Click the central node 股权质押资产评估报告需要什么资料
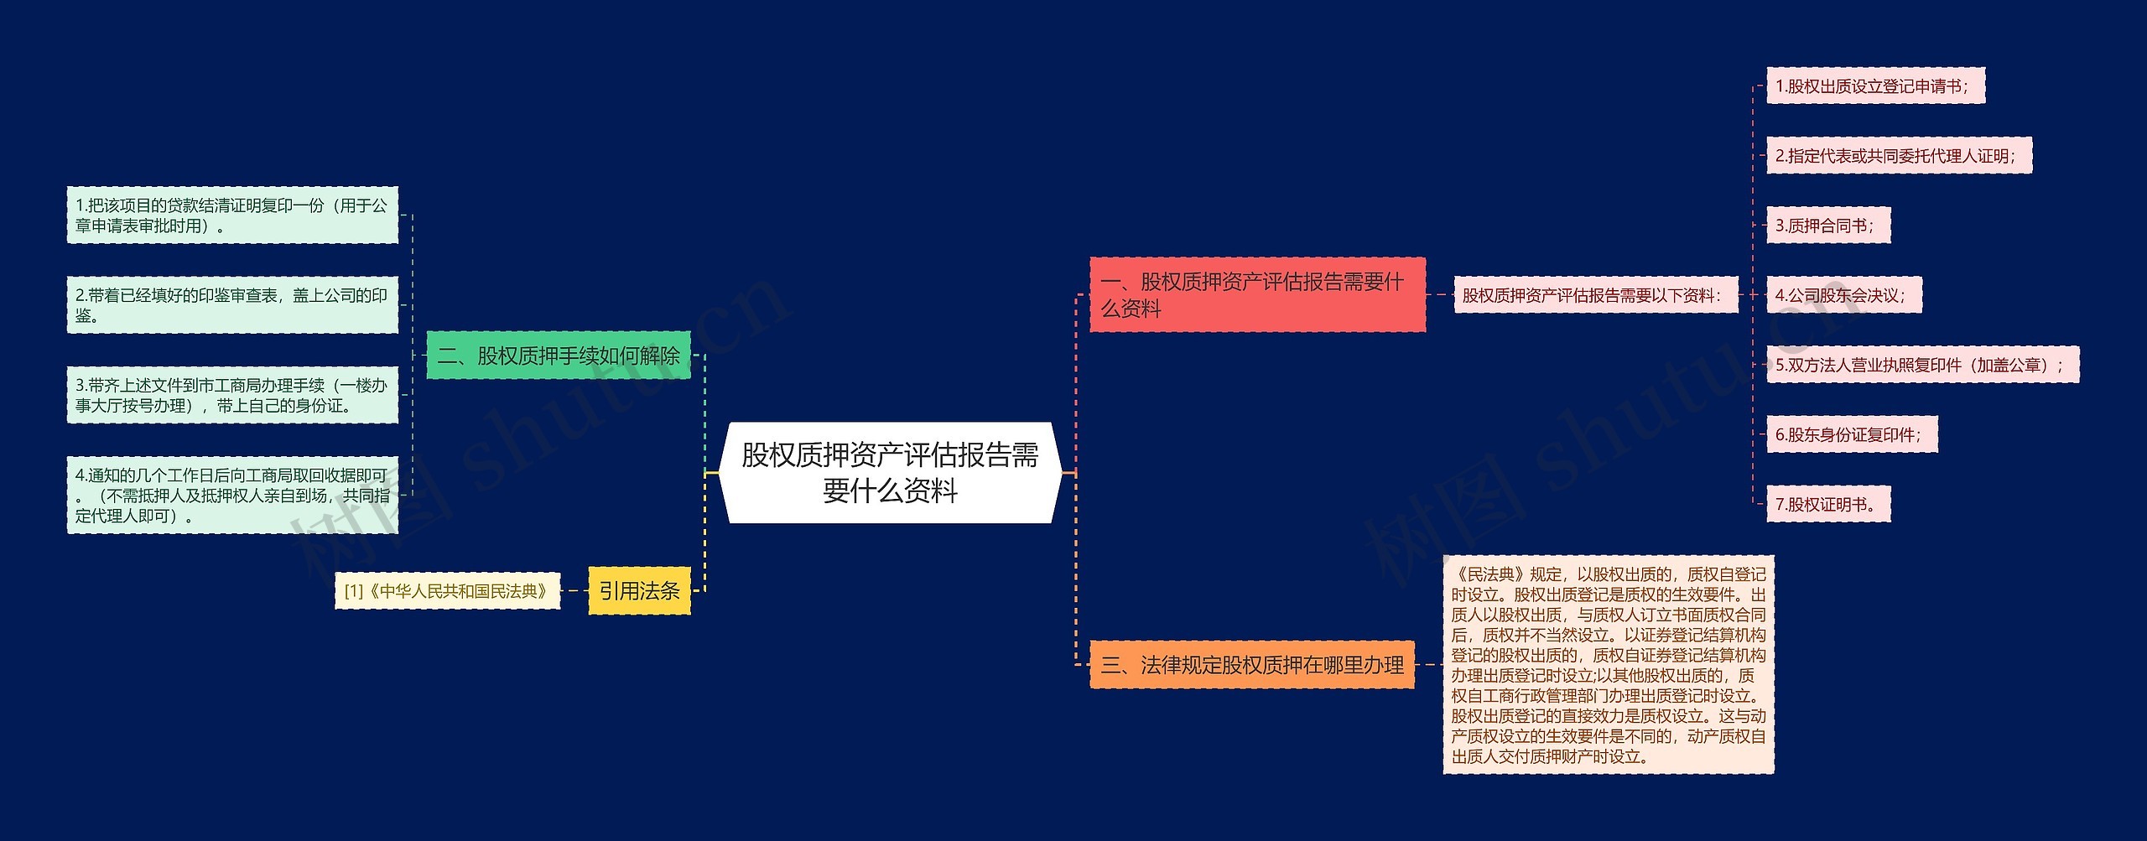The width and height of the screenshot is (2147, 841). point(890,473)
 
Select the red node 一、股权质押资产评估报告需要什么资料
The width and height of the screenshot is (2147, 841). point(1256,294)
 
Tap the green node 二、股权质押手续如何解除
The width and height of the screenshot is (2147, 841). point(558,356)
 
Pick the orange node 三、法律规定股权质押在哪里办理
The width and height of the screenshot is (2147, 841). point(1251,665)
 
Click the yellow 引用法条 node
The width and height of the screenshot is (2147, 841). point(639,591)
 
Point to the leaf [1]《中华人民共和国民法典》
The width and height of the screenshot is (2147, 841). point(447,591)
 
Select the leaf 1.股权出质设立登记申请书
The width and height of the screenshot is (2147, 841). point(1874,86)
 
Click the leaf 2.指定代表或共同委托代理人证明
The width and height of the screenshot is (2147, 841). point(1898,156)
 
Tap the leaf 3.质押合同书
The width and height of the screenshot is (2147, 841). point(1827,226)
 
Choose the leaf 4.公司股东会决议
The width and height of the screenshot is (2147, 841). point(1843,295)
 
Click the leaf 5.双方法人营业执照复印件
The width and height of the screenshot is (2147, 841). point(1921,365)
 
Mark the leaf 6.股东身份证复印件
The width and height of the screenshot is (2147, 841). point(1851,434)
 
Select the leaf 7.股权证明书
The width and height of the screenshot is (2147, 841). point(1827,504)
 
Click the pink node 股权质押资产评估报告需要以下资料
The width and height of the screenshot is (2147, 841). point(1595,295)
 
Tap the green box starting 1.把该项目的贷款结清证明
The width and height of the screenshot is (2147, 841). point(232,215)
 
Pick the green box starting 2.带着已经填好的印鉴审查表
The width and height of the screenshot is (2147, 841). point(232,305)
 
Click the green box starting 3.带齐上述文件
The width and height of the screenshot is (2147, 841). point(232,395)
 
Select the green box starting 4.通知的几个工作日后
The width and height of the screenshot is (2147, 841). point(232,495)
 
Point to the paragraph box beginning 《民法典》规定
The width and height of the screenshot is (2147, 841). point(1608,665)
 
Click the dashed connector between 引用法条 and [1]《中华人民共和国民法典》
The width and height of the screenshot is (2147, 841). point(574,591)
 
